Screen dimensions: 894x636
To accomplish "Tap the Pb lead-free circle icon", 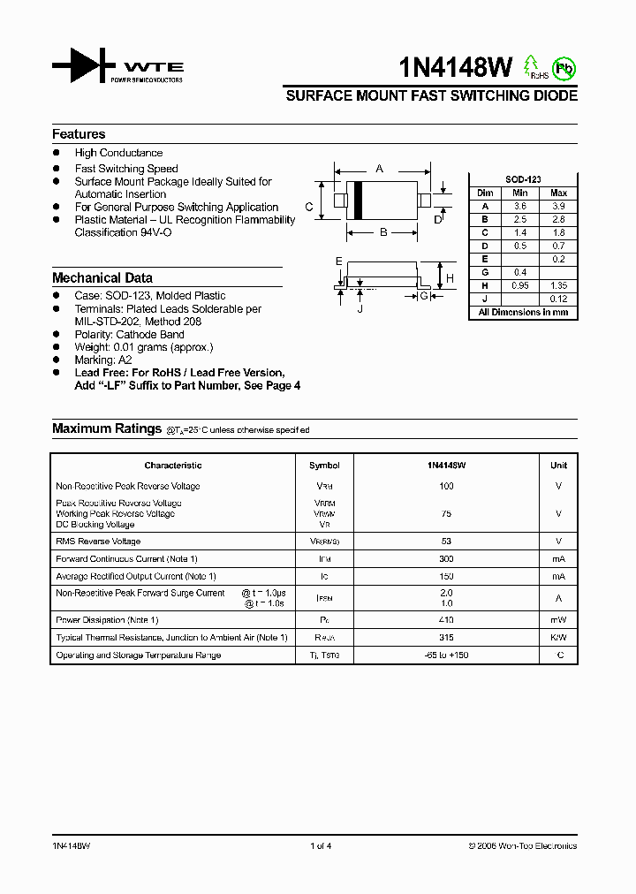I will click(564, 68).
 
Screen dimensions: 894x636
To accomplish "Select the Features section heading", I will click(79, 134).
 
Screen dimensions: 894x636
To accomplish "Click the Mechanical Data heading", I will click(102, 277).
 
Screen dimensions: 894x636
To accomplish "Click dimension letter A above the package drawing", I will click(380, 168).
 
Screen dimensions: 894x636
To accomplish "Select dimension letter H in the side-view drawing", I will click(449, 278).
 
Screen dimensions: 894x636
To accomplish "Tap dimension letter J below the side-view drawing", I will click(360, 308).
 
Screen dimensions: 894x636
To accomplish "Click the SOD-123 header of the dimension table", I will click(522, 179).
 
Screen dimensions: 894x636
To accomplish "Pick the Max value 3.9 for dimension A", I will click(558, 206).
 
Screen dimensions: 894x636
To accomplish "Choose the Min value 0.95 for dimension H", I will click(520, 286).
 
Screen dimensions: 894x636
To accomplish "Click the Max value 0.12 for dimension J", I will click(558, 299).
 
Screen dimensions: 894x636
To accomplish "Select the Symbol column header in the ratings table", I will click(324, 466).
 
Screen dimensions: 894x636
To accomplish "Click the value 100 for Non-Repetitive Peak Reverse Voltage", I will click(446, 486).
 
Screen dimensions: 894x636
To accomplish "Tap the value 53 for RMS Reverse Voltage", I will click(446, 542).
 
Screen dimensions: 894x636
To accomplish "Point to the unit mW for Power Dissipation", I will click(558, 620).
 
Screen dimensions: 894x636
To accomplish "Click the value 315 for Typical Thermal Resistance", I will click(446, 637).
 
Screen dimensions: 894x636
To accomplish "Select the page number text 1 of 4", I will click(321, 846).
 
